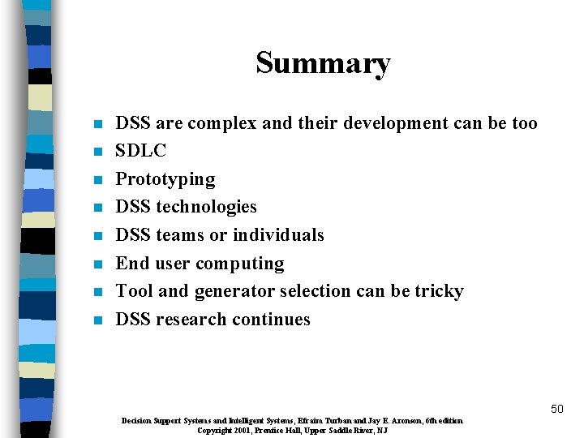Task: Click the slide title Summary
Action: point(323,62)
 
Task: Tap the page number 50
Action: point(556,409)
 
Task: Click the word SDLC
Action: point(141,151)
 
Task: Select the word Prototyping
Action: point(165,179)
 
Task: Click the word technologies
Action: point(206,207)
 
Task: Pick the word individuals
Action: point(278,235)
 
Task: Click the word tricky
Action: point(437,291)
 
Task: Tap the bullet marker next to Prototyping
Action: point(97,180)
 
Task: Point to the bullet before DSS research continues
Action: point(97,320)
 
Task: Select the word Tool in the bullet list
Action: point(132,291)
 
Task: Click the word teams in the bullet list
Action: point(179,235)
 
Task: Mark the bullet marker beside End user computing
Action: point(97,264)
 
